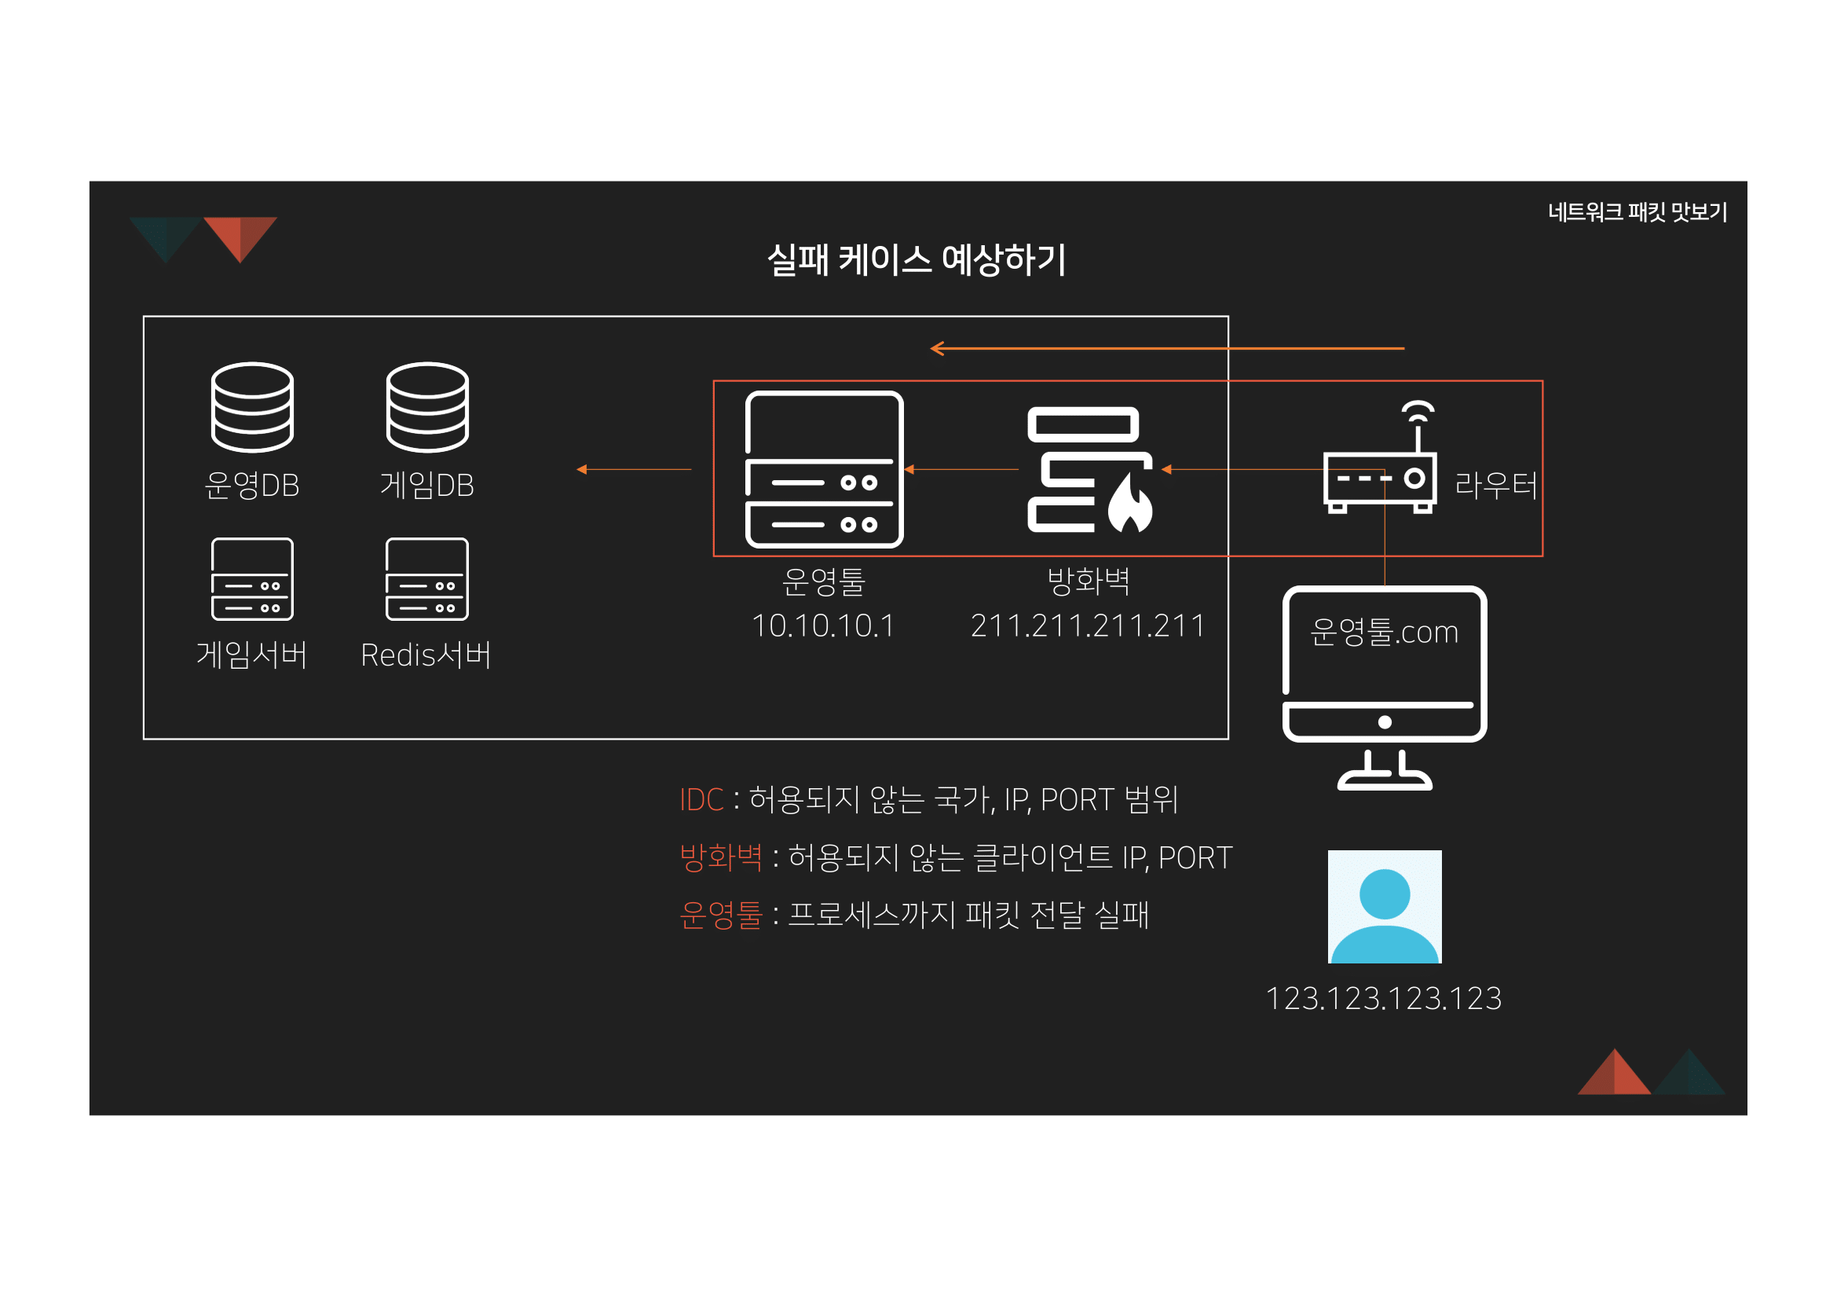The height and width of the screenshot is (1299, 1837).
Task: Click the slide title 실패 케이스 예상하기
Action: point(916,260)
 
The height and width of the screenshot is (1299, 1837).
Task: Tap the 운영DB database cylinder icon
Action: point(252,407)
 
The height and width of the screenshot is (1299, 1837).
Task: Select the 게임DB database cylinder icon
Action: point(427,407)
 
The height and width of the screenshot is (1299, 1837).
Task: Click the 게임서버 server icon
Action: point(252,579)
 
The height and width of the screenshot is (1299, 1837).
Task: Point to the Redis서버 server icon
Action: point(427,579)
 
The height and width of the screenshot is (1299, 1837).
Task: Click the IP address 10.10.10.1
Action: point(823,626)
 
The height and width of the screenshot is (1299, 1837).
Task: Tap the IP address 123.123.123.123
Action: point(1384,999)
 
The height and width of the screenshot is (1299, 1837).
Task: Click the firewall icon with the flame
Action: point(1090,470)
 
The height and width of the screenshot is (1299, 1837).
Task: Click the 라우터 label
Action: point(1495,485)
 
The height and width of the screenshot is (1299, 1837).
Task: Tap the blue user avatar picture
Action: point(1385,907)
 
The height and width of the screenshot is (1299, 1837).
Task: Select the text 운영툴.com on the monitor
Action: point(1384,633)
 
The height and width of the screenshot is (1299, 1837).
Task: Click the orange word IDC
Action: point(701,799)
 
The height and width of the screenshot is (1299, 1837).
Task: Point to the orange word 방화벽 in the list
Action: point(721,857)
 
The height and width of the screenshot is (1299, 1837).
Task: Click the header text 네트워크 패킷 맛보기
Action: point(1637,212)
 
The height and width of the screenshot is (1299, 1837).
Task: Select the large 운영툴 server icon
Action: point(824,470)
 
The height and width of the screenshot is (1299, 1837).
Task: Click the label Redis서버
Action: point(426,655)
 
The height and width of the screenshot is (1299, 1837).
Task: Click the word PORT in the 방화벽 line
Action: point(1195,858)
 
